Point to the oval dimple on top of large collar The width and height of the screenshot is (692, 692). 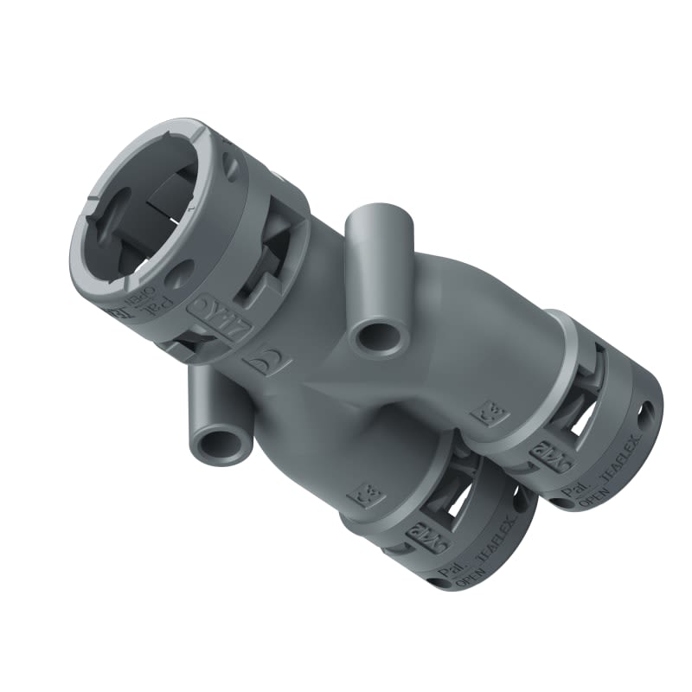point(232,163)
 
